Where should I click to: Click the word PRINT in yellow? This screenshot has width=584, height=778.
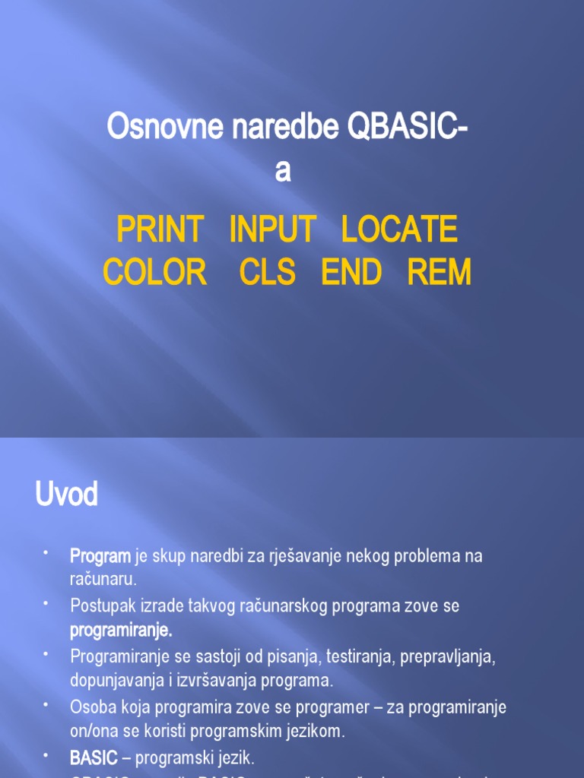[x=160, y=229]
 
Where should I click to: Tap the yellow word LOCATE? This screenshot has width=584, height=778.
[x=399, y=229]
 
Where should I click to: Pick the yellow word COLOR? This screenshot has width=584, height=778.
[x=155, y=272]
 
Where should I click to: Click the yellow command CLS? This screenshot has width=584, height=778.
[x=268, y=272]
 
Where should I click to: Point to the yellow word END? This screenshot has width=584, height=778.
[x=351, y=272]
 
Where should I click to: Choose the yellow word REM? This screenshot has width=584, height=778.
[x=440, y=272]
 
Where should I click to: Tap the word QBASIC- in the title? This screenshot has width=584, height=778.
[x=408, y=127]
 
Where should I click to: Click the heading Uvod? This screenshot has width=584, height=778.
[x=67, y=495]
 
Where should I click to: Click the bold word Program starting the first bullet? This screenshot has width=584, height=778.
[x=100, y=556]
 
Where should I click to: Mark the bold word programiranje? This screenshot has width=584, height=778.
[x=121, y=630]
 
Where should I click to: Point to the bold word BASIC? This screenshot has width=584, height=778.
[x=94, y=757]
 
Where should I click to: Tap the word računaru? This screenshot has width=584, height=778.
[x=103, y=580]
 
